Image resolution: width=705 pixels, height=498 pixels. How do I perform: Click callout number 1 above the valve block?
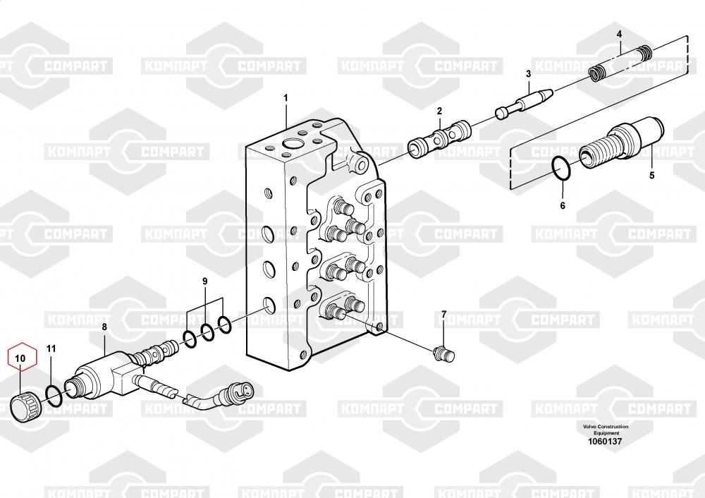[x=286, y=98]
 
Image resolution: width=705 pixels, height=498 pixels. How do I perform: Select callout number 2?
[x=439, y=111]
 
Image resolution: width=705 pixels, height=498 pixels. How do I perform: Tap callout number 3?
[x=528, y=74]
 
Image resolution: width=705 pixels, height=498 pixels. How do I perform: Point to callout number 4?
[x=619, y=34]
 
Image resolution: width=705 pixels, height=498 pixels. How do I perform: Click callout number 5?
[x=652, y=176]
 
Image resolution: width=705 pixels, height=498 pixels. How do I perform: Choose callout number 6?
[x=563, y=206]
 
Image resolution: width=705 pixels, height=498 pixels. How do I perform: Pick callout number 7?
[x=443, y=315]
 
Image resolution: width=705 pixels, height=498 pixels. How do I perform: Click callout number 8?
[x=104, y=327]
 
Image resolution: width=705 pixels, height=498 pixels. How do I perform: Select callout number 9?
[x=205, y=281]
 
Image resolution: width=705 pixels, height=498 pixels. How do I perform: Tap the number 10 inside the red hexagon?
[x=20, y=358]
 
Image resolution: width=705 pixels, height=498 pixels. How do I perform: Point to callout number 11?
[x=51, y=348]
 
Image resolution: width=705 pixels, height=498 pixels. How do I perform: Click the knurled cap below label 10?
[x=26, y=407]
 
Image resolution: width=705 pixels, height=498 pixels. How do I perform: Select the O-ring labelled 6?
[x=562, y=168]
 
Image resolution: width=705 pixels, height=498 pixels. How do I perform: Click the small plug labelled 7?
[x=443, y=354]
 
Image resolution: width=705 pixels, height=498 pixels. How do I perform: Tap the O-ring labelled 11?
[x=55, y=396]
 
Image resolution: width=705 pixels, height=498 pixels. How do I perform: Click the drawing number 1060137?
[x=605, y=442]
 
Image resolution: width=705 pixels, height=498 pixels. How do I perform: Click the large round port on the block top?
[x=293, y=144]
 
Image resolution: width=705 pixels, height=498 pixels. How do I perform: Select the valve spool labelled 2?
[x=439, y=138]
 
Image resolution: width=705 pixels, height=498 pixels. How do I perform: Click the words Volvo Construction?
[x=605, y=427]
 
